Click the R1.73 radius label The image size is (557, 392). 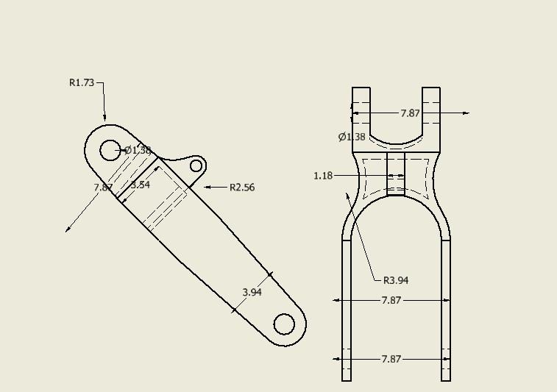coord(82,83)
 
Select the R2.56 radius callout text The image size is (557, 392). coord(242,188)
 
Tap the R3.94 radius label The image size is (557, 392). coord(396,280)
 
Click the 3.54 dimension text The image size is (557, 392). coord(140,185)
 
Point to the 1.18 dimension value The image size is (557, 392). coord(323,176)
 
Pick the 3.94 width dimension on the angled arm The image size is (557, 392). coord(252,292)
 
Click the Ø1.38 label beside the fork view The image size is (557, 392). coord(352,137)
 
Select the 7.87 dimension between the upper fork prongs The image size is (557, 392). coord(410,113)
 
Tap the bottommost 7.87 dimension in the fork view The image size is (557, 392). coord(391,359)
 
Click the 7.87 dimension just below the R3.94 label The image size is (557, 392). coord(391,300)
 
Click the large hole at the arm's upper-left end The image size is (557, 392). coord(110,150)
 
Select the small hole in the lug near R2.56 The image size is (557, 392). coord(196,165)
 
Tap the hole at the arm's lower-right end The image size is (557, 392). coord(284,324)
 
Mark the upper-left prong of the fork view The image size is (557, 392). coord(361,110)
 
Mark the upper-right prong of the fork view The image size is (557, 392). coord(431,110)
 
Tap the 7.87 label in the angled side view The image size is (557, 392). coord(103,188)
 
